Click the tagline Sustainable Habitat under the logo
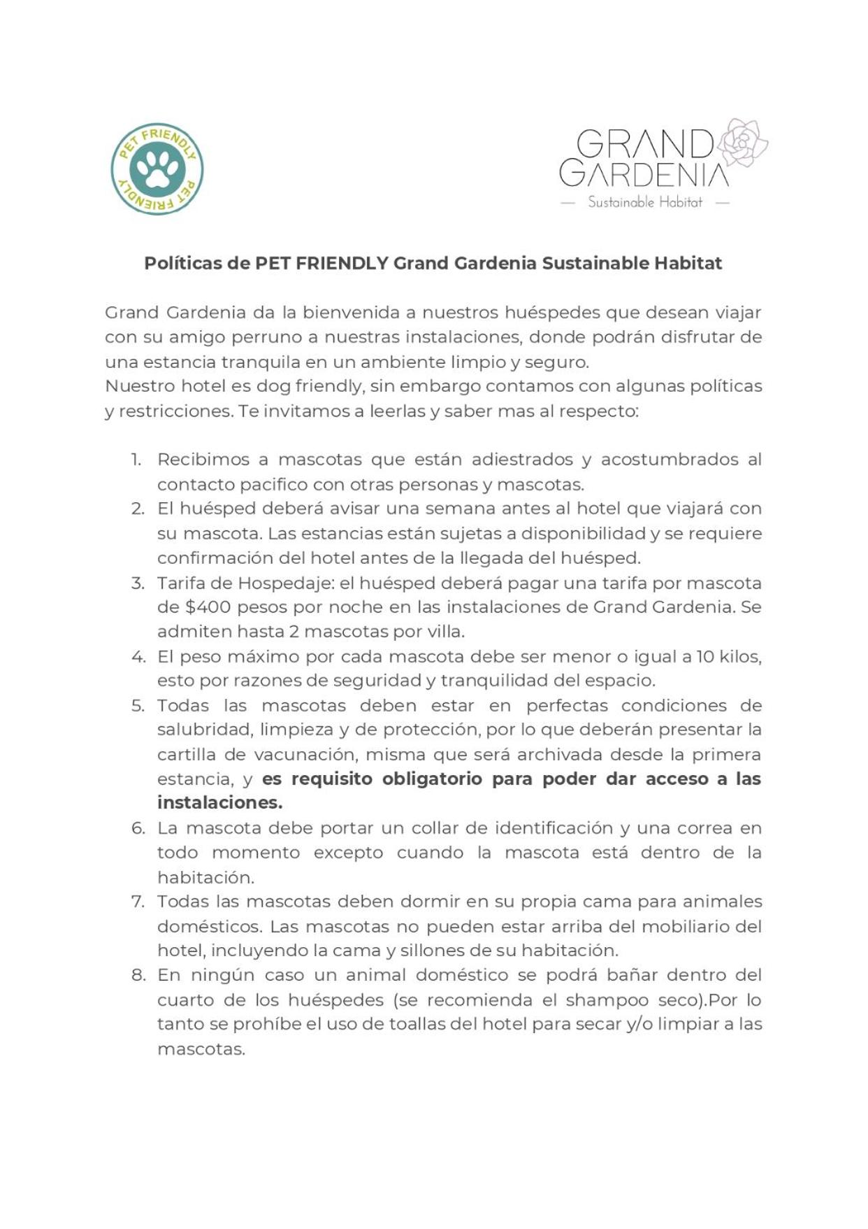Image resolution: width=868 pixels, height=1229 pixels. [x=644, y=202]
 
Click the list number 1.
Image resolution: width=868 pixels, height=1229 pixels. [x=136, y=460]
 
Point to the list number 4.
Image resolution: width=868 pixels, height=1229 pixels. [x=138, y=657]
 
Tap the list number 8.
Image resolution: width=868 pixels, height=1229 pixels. [x=138, y=975]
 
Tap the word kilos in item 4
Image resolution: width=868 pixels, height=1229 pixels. [x=738, y=657]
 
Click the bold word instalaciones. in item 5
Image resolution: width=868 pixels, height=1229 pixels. [x=219, y=803]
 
